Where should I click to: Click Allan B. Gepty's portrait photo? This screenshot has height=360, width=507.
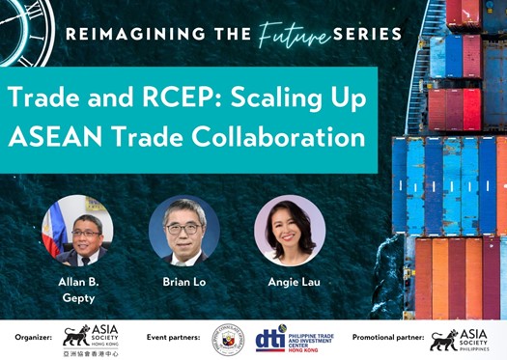78,231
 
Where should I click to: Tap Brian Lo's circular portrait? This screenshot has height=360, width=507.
183,231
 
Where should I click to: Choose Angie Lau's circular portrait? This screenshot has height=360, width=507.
289,231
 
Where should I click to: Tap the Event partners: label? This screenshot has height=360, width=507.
174,337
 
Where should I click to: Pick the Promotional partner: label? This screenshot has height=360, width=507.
386,337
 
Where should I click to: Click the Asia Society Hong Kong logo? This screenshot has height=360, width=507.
89,339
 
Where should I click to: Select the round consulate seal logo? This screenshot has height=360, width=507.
228,339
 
